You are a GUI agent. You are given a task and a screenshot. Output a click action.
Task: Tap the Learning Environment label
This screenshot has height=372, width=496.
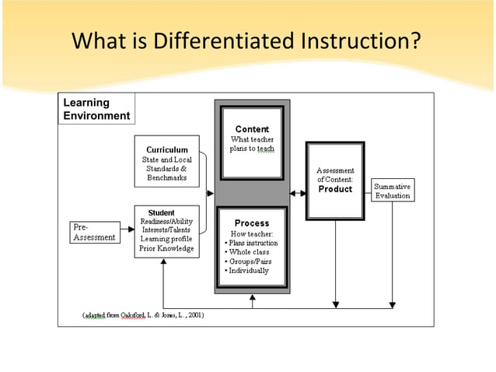coord(96,109)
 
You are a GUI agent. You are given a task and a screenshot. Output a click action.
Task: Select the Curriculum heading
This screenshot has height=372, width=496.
coord(166,149)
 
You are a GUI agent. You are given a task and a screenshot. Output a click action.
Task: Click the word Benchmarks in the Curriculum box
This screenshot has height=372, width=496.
coord(166,178)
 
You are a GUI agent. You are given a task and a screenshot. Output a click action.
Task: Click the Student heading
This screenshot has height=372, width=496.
coord(161,212)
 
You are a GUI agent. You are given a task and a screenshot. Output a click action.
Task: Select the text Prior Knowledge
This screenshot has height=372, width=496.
coord(166,249)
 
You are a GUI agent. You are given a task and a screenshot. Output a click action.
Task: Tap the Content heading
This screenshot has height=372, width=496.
coord(251,129)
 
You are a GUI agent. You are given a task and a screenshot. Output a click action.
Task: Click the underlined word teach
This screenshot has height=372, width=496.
coord(266,149)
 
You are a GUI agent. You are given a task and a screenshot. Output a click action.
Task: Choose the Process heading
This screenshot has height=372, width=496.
coord(251,223)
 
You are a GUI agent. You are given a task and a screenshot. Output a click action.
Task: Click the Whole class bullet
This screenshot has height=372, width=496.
coord(249,252)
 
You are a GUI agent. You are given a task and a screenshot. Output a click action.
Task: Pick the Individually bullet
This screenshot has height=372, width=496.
coord(247,271)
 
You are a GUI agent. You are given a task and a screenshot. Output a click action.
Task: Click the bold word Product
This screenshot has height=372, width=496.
coord(335,189)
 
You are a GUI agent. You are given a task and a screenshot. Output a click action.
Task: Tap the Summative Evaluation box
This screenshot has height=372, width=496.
coord(392,191)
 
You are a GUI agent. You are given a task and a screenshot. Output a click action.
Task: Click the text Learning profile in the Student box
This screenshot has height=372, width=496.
coord(166,239)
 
